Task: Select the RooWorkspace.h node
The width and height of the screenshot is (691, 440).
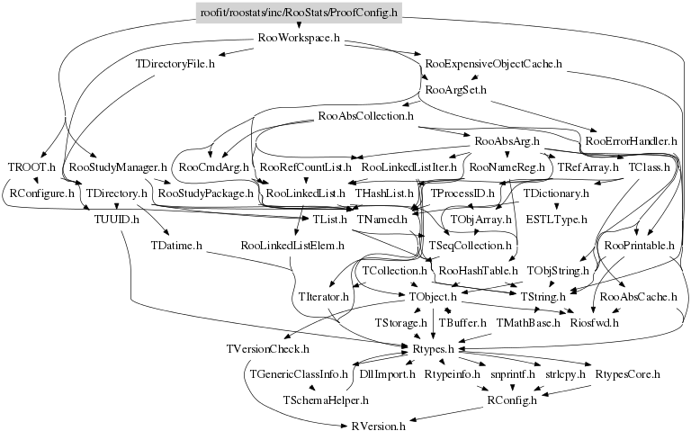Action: pos(298,39)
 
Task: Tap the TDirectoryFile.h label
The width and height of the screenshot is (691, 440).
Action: pos(175,65)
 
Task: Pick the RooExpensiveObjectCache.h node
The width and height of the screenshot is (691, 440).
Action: pos(494,65)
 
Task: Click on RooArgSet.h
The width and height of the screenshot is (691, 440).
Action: pos(455,90)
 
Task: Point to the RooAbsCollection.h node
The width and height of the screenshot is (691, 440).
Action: pos(365,116)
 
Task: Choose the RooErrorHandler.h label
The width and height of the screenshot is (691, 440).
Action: pos(630,141)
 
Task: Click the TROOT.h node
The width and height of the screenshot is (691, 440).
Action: pos(31,167)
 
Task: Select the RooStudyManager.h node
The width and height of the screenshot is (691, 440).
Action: pos(119,167)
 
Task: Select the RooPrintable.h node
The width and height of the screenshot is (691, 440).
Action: pos(640,245)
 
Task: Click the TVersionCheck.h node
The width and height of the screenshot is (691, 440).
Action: pos(267,347)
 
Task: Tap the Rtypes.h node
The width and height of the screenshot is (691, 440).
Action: pos(437,347)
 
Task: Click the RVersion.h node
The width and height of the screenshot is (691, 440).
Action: pos(379,425)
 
